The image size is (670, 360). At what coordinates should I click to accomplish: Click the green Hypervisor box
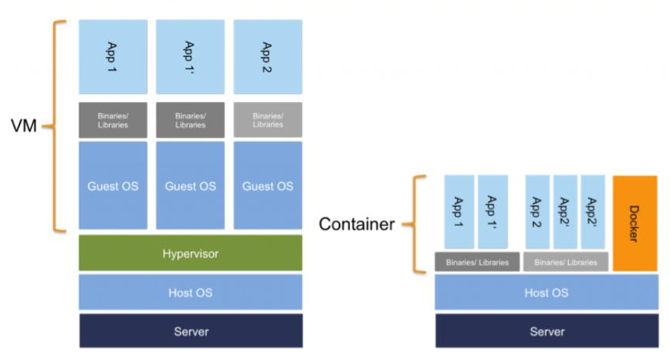[x=191, y=253]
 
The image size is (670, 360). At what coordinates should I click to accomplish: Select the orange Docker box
[x=635, y=223]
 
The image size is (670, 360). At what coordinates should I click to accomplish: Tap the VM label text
[x=24, y=125]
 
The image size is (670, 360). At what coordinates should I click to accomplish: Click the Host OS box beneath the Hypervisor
[x=191, y=293]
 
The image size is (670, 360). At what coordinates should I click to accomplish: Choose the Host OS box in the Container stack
[x=547, y=293]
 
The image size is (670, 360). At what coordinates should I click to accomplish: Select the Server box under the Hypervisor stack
[x=191, y=331]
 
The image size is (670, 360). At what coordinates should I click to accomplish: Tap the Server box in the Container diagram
[x=547, y=331]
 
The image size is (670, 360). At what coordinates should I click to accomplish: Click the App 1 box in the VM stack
[x=113, y=57]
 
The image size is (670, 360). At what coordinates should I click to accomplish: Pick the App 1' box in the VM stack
[x=190, y=57]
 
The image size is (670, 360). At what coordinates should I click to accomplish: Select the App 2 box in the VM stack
[x=268, y=57]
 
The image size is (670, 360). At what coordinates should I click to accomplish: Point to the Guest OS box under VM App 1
[x=113, y=186]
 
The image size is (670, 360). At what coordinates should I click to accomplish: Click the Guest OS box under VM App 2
[x=268, y=186]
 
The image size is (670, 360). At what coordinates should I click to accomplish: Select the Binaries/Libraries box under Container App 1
[x=477, y=262]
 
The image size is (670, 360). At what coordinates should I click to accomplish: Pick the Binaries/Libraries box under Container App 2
[x=565, y=262]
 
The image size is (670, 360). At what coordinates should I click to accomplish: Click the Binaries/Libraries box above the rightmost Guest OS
[x=268, y=120]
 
